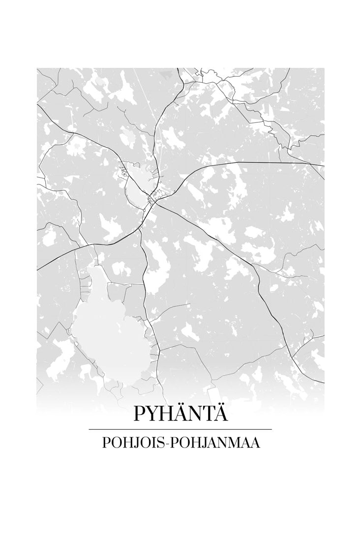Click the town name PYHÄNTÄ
point(180,413)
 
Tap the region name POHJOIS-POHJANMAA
point(180,443)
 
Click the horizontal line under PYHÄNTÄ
point(180,429)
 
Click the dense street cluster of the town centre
point(156,197)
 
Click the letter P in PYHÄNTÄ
point(140,414)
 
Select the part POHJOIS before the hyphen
point(133,443)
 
